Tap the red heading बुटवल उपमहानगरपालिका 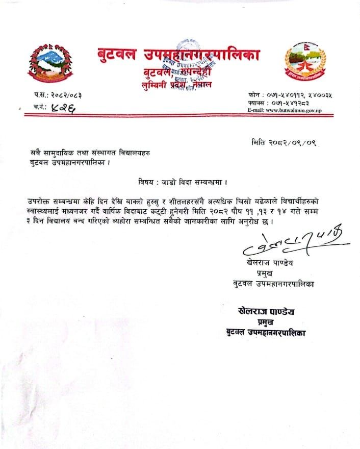point(178,55)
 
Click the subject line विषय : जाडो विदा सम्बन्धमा point(182,182)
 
